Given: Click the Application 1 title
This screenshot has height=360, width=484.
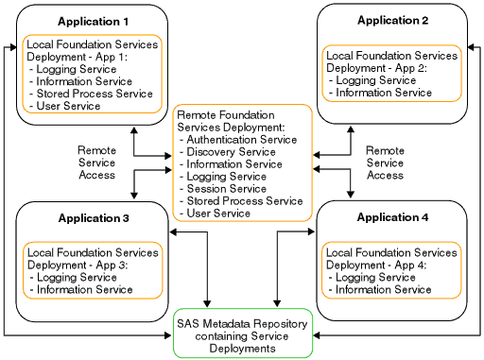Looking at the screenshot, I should coord(94,20).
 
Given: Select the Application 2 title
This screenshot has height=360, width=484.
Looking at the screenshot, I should coord(392,20).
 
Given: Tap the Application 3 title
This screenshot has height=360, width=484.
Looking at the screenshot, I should coord(94,217).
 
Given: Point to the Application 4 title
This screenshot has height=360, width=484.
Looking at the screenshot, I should coord(392,217).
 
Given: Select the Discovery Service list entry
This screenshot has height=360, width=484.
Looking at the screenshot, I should coord(232,151).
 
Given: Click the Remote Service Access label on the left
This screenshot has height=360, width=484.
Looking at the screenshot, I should coord(96,163).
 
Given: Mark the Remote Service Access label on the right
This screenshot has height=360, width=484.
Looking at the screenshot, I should coord(385,163).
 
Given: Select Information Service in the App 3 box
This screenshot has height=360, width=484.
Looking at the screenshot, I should coord(85,289).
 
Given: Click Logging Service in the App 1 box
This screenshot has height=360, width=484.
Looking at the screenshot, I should coord(79,69).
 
